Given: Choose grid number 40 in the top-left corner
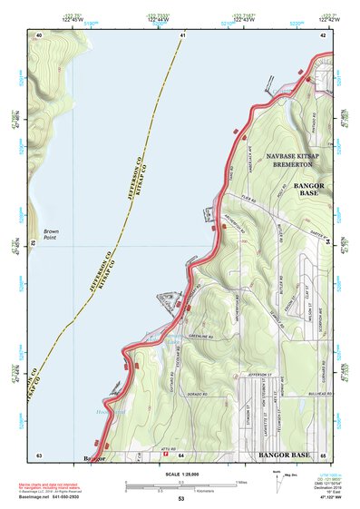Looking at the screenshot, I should click(39, 34).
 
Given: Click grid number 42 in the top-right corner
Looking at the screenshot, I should click(323, 34).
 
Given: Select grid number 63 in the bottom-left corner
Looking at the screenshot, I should click(39, 454).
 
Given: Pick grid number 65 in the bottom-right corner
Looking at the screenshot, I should click(323, 454).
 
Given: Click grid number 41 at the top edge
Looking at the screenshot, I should click(182, 34).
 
